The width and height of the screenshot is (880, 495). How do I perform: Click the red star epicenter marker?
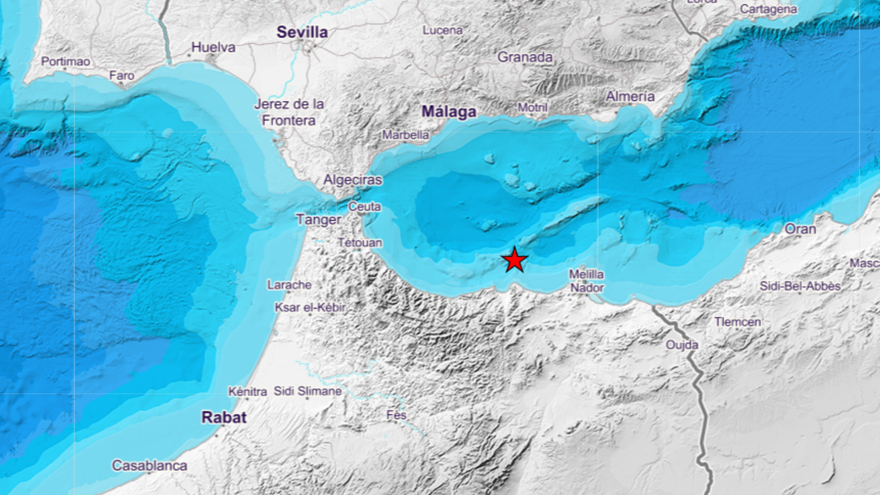pyautogui.click(x=514, y=260)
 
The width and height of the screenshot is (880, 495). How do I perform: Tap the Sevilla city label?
pyautogui.click(x=302, y=32)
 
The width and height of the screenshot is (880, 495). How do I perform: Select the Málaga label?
pyautogui.click(x=449, y=111)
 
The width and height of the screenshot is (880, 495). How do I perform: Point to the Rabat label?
pyautogui.click(x=224, y=417)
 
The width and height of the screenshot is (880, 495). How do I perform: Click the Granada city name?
pyautogui.click(x=525, y=57)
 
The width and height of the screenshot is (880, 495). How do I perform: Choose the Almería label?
pyautogui.click(x=630, y=96)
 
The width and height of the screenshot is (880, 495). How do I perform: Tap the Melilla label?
pyautogui.click(x=586, y=274)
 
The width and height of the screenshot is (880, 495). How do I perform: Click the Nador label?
pyautogui.click(x=587, y=288)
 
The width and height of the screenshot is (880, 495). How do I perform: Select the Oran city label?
pyautogui.click(x=800, y=229)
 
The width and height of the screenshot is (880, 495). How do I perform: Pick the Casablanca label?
pyautogui.click(x=149, y=466)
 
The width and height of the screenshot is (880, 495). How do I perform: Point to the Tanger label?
pyautogui.click(x=319, y=220)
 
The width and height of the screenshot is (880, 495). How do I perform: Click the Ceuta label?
pyautogui.click(x=364, y=207)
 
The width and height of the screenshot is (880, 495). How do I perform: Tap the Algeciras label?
pyautogui.click(x=352, y=180)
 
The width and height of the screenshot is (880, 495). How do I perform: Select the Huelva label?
pyautogui.click(x=213, y=47)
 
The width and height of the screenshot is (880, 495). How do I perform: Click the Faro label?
pyautogui.click(x=121, y=76)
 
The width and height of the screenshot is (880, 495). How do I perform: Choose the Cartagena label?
pyautogui.click(x=768, y=9)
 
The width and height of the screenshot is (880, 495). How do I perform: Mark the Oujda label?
pyautogui.click(x=682, y=345)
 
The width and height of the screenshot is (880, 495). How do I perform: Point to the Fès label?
pyautogui.click(x=396, y=415)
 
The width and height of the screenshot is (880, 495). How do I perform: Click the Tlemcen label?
pyautogui.click(x=737, y=322)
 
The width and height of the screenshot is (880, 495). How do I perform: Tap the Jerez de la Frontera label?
pyautogui.click(x=289, y=112)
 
